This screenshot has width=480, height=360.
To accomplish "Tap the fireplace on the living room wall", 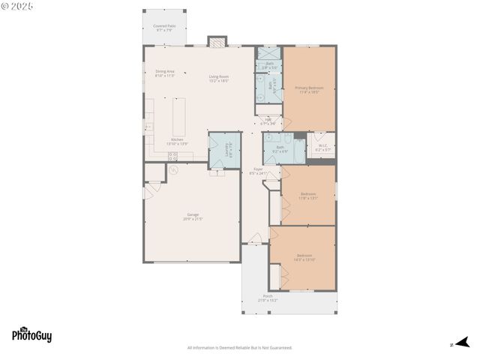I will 217,42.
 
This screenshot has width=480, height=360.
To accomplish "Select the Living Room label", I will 219,78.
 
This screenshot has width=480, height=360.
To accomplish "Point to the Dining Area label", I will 164,73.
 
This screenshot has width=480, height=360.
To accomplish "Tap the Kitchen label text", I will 177,141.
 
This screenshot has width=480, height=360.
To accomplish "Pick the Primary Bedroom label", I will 309,90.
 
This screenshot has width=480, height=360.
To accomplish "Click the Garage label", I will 193,217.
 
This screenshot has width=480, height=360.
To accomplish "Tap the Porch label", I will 268,298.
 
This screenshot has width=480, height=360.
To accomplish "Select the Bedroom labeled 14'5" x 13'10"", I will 304,257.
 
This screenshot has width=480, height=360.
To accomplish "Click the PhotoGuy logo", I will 31,335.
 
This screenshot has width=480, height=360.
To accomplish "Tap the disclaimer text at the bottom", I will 239,347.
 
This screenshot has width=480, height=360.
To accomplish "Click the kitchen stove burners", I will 172,156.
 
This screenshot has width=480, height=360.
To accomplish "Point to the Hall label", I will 268,121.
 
